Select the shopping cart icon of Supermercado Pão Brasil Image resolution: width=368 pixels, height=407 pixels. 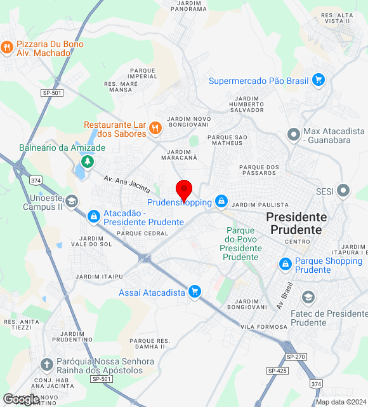click(x=319, y=80)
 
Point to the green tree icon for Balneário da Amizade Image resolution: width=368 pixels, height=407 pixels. click(x=88, y=162)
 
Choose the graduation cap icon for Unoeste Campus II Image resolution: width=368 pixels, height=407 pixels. click(x=72, y=202)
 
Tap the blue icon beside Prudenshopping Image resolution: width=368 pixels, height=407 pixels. click(x=221, y=202)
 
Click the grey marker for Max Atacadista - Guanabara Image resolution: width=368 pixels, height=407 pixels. click(x=293, y=135)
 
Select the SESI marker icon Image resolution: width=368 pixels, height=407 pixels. click(x=343, y=190)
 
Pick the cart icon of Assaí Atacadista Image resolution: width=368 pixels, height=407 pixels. click(x=195, y=292)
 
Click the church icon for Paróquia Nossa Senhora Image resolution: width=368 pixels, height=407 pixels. click(x=46, y=365)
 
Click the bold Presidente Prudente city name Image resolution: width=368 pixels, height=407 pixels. click(x=296, y=223)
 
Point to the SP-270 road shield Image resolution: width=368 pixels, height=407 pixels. click(x=296, y=357)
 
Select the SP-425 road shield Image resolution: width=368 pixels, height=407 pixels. click(x=277, y=370)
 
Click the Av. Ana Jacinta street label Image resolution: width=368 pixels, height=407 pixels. click(x=128, y=185)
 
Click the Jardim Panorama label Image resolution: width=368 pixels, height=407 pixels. click(x=188, y=6)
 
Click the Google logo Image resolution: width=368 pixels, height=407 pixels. click(x=21, y=399)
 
